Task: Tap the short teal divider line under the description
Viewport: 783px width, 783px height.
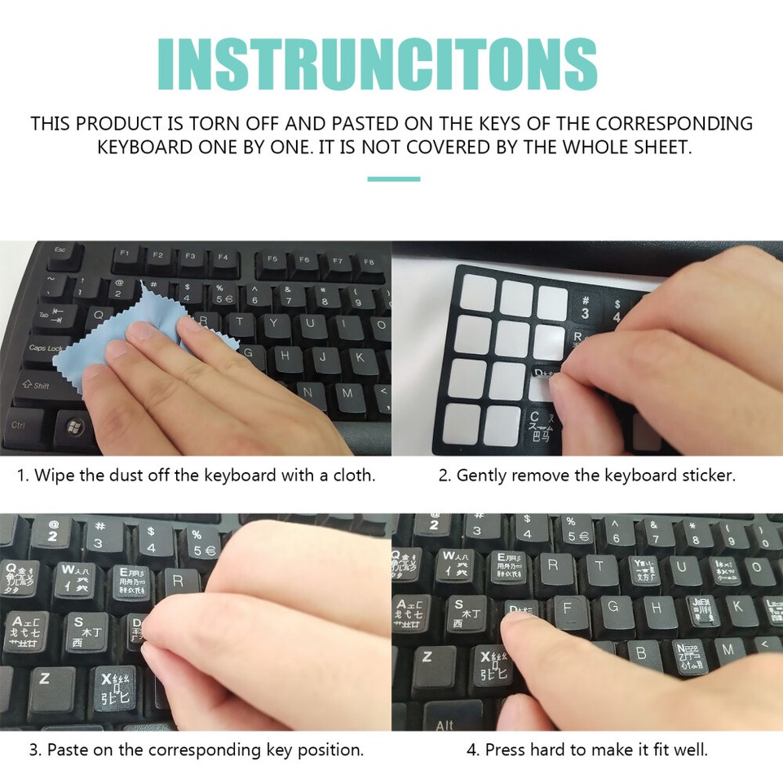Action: pyautogui.click(x=393, y=179)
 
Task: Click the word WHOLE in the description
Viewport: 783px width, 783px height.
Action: pyautogui.click(x=584, y=148)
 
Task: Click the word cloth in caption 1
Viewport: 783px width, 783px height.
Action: pyautogui.click(x=352, y=476)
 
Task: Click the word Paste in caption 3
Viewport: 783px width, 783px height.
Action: pyautogui.click(x=67, y=750)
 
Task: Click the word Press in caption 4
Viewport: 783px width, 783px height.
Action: pyautogui.click(x=505, y=750)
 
